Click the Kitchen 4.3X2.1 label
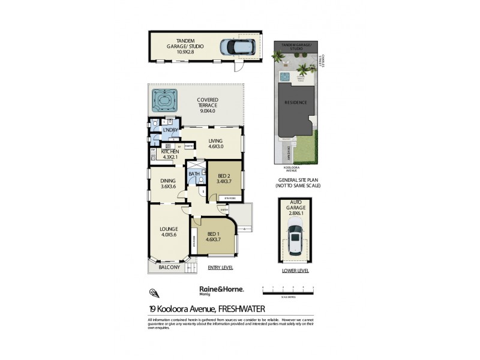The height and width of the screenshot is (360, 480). pyautogui.click(x=170, y=154)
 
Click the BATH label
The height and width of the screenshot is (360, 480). pyautogui.click(x=194, y=175)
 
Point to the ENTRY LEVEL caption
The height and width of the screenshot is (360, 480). pyautogui.click(x=220, y=267)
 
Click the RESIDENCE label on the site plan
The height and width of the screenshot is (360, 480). pyautogui.click(x=296, y=102)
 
